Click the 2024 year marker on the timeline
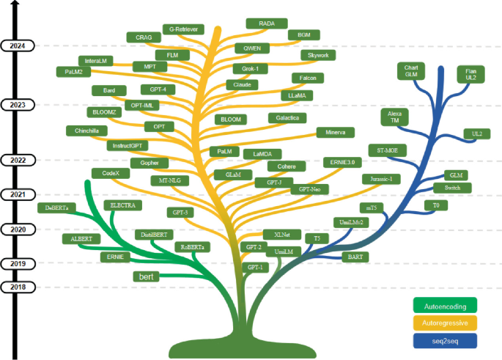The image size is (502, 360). (x=18, y=46)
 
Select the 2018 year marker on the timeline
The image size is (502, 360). (x=18, y=287)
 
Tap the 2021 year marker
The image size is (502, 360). (x=18, y=194)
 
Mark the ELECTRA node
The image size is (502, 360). (x=122, y=205)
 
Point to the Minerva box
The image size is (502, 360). (x=335, y=132)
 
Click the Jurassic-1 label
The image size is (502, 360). (x=381, y=179)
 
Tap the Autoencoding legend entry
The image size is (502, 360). (x=444, y=304)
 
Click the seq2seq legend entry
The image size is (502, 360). (x=444, y=340)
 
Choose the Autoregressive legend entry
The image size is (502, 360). (x=444, y=323)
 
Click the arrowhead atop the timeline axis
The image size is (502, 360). (x=18, y=4)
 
